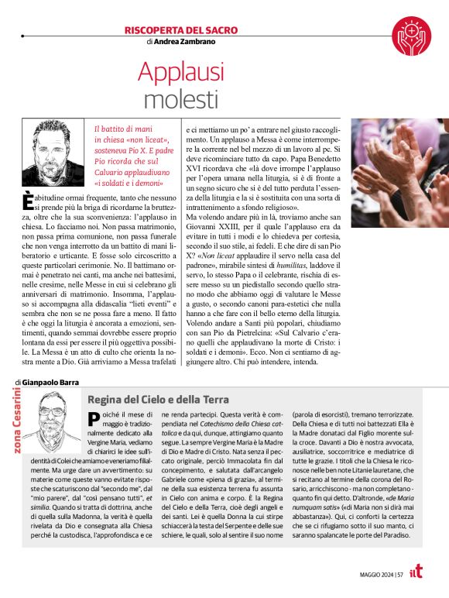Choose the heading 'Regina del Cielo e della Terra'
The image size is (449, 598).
[158, 400]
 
